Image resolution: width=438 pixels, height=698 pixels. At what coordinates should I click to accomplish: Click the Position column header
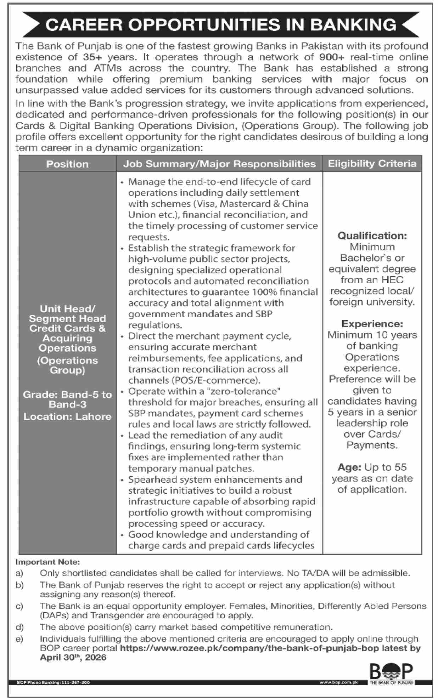67,164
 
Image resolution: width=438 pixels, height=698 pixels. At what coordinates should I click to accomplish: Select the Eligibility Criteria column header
372,164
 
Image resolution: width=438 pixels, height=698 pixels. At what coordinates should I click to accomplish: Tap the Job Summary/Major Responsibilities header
219,164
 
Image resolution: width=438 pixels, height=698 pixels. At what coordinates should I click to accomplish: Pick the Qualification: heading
372,236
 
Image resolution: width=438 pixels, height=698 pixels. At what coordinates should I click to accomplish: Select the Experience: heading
372,324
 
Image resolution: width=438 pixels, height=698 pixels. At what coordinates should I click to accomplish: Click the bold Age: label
349,467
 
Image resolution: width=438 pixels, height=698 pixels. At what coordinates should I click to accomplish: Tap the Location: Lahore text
67,416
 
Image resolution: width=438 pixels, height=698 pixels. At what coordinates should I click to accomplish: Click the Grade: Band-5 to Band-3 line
67,399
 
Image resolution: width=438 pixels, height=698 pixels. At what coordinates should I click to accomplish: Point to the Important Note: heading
48,562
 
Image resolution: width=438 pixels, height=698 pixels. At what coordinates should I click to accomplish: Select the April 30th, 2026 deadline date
73,657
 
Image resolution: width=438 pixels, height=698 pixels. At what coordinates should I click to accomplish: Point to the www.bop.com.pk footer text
338,682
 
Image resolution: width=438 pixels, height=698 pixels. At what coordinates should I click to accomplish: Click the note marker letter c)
19,606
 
